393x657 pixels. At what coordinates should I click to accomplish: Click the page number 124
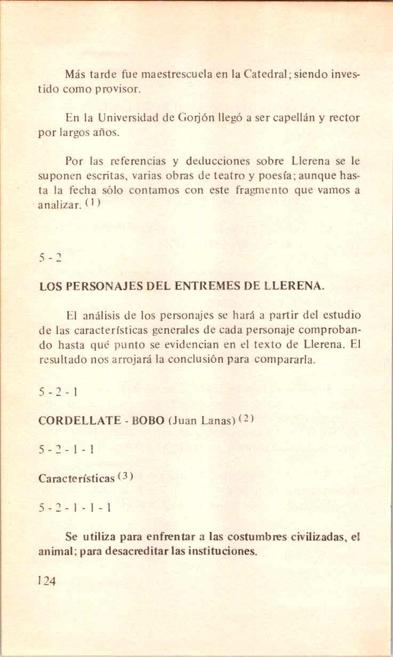(47, 581)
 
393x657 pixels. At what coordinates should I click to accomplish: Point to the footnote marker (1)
(92, 203)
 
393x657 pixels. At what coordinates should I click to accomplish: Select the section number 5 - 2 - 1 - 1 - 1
(75, 508)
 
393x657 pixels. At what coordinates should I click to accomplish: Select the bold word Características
(77, 479)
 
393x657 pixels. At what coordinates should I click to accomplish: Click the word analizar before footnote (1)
(60, 205)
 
